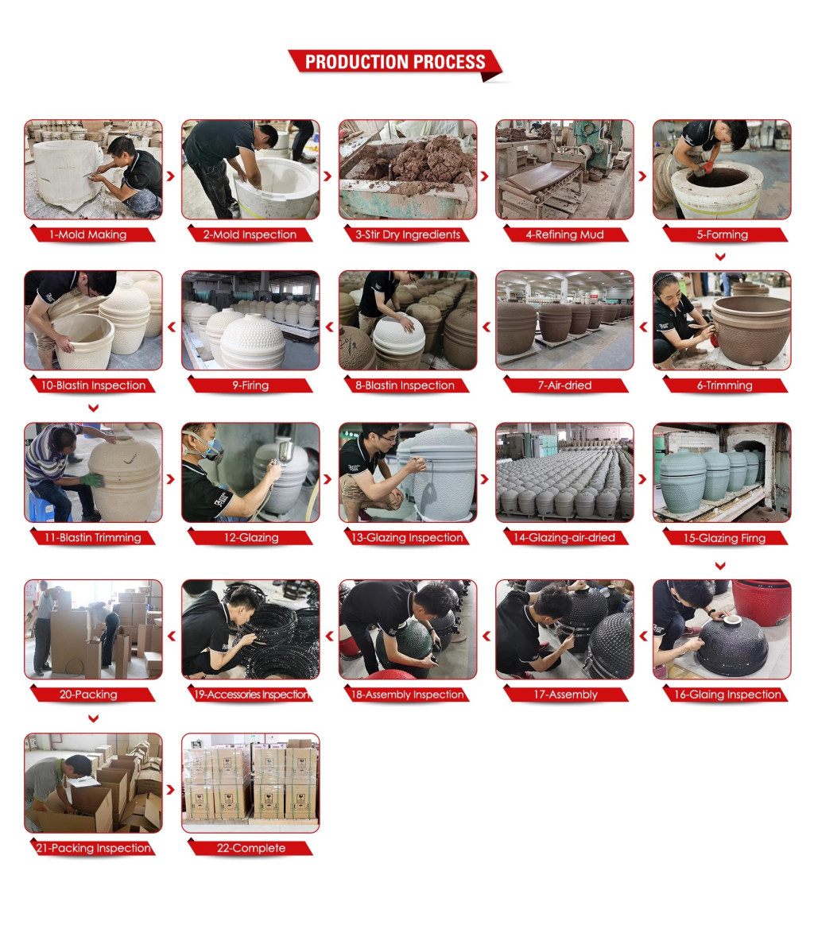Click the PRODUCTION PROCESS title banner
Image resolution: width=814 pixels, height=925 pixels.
[395, 63]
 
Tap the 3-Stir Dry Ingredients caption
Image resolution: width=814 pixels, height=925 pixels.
[407, 234]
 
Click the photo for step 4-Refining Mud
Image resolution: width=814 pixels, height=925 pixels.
[564, 170]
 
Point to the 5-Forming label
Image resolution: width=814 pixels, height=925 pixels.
[722, 234]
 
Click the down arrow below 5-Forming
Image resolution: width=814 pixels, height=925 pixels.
[720, 257]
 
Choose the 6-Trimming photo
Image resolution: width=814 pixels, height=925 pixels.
[722, 320]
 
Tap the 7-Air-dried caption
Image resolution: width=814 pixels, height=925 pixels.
[564, 385]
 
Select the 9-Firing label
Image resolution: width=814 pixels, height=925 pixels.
[250, 385]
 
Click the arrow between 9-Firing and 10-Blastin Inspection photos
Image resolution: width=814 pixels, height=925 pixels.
[172, 327]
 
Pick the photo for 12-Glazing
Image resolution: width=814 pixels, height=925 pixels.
[250, 473]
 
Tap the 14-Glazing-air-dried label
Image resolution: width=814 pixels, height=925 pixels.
[564, 537]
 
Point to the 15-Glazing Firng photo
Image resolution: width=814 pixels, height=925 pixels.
[722, 473]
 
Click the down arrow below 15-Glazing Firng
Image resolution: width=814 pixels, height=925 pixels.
[720, 566]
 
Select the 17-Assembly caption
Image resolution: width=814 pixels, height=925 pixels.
[564, 695]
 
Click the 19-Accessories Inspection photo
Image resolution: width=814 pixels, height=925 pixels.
[250, 629]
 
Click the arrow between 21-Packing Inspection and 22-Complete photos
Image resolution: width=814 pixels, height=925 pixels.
[171, 789]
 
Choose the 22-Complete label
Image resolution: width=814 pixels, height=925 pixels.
[250, 848]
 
